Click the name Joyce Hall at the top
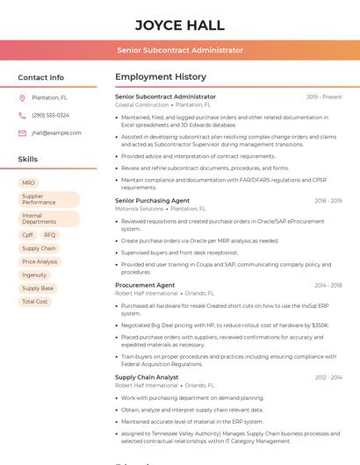180,25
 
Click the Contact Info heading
40,77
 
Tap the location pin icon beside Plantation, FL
22,98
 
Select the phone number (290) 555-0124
50,116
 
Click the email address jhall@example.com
56,133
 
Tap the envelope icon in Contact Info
22,133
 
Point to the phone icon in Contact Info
22,116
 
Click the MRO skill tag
28,183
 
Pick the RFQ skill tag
49,235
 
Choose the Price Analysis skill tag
40,261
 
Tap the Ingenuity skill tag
34,275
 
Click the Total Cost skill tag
35,301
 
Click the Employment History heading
160,77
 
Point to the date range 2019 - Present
324,97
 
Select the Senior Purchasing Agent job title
152,201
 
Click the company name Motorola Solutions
139,209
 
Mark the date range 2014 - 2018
328,285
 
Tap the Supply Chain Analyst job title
147,377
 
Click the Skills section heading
27,160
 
